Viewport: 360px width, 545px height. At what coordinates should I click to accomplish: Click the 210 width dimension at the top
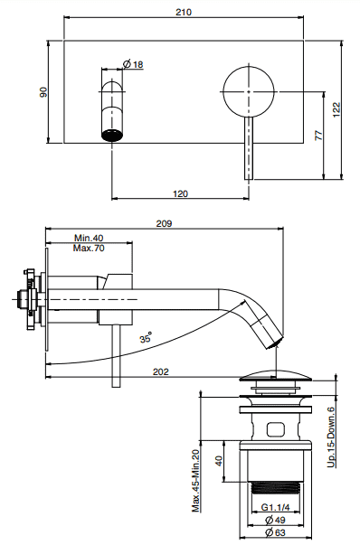pyautogui.click(x=184, y=12)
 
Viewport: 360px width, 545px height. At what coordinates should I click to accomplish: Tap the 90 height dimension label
pyautogui.click(x=43, y=92)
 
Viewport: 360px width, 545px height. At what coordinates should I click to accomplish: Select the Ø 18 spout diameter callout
pyautogui.click(x=133, y=64)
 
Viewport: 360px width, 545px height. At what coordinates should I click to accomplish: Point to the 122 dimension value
pyautogui.click(x=336, y=109)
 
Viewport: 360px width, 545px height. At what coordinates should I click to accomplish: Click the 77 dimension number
pyautogui.click(x=318, y=135)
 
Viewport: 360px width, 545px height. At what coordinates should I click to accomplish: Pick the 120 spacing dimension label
pyautogui.click(x=180, y=193)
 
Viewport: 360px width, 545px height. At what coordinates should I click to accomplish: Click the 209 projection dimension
pyautogui.click(x=164, y=223)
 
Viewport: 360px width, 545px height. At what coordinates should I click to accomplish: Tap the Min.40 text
pyautogui.click(x=89, y=238)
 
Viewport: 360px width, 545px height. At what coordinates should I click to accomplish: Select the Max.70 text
pyautogui.click(x=89, y=249)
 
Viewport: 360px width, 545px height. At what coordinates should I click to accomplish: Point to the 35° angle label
pyautogui.click(x=147, y=337)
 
